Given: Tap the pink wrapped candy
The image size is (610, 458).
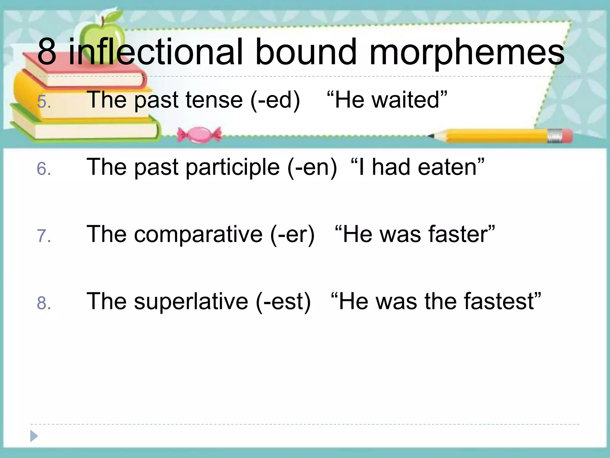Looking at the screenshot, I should pyautogui.click(x=199, y=135).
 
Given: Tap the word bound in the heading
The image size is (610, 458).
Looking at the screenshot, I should pyautogui.click(x=306, y=52).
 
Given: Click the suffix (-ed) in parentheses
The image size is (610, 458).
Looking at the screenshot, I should pyautogui.click(x=275, y=100).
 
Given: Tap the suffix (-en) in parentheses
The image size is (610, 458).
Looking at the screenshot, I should pyautogui.click(x=312, y=168).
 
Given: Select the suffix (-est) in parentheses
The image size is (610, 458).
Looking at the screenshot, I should pyautogui.click(x=283, y=302).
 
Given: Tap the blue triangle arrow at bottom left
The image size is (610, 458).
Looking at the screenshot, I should pyautogui.click(x=34, y=436).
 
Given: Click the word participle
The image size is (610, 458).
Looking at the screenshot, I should pyautogui.click(x=233, y=168).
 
